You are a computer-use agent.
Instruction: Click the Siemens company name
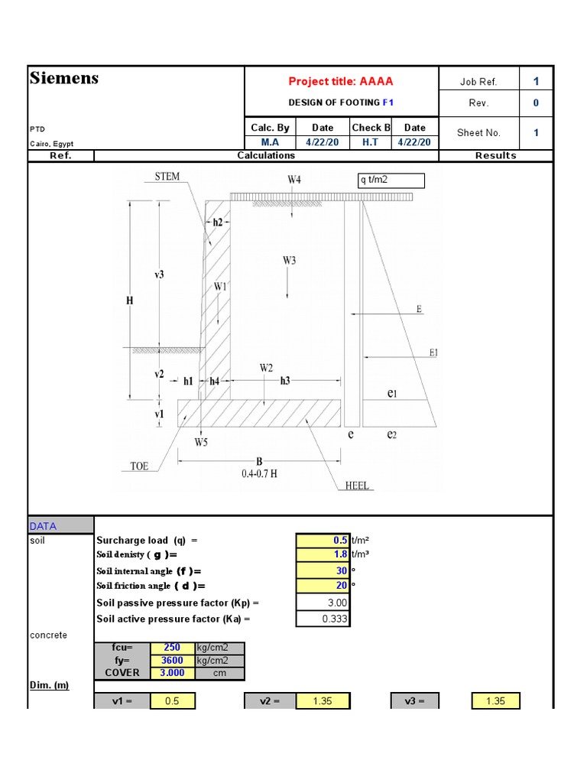click(64, 78)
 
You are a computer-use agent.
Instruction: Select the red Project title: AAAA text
click(341, 82)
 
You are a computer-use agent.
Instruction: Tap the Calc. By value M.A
click(270, 142)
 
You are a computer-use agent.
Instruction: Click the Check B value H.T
click(371, 142)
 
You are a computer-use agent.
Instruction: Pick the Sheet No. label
click(478, 133)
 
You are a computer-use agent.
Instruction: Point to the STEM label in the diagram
click(167, 177)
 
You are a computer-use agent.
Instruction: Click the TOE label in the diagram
click(139, 466)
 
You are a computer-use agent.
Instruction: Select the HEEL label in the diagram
click(357, 486)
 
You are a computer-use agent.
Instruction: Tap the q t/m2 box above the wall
click(390, 180)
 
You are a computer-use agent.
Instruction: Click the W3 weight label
click(289, 261)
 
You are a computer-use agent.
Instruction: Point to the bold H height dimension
click(129, 301)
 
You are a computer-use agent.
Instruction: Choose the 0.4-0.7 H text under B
click(259, 473)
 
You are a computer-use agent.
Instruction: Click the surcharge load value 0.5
click(323, 540)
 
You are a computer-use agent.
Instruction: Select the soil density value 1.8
click(323, 555)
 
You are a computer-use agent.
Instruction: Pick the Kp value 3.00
click(323, 603)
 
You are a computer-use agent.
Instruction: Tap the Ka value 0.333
click(323, 619)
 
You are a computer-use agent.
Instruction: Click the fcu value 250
click(172, 648)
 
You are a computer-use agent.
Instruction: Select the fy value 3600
click(172, 661)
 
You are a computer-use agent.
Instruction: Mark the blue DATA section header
click(43, 526)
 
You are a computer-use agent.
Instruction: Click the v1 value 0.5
click(173, 701)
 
